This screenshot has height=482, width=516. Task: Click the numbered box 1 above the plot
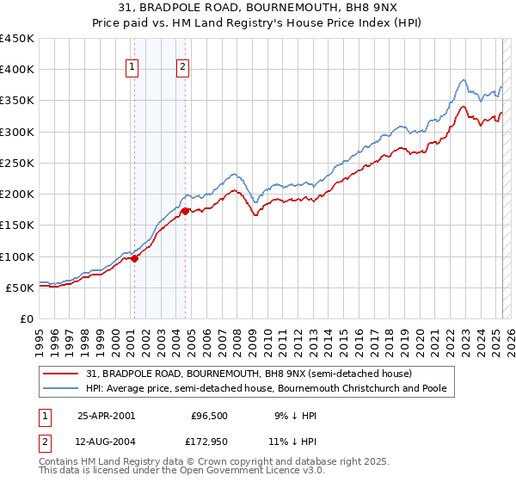133,70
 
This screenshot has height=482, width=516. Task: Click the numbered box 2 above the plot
184,70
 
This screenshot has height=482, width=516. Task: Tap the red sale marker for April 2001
134,258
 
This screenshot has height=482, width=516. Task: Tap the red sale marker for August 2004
185,210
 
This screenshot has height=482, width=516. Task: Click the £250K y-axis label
17,163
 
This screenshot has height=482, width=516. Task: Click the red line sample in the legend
62,374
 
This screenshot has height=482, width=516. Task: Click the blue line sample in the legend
62,389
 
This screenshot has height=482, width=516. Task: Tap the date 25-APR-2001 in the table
106,416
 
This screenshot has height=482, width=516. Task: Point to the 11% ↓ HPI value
292,442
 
